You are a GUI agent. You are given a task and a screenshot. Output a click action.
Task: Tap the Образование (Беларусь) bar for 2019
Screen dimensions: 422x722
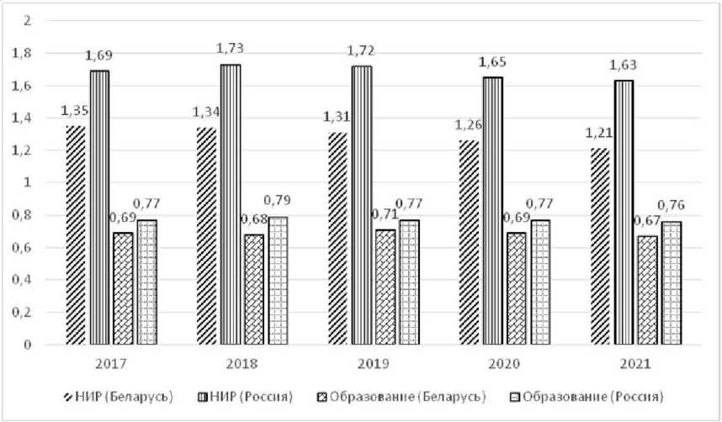tap(385, 287)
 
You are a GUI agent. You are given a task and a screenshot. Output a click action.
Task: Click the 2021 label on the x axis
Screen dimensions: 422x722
tap(634, 367)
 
